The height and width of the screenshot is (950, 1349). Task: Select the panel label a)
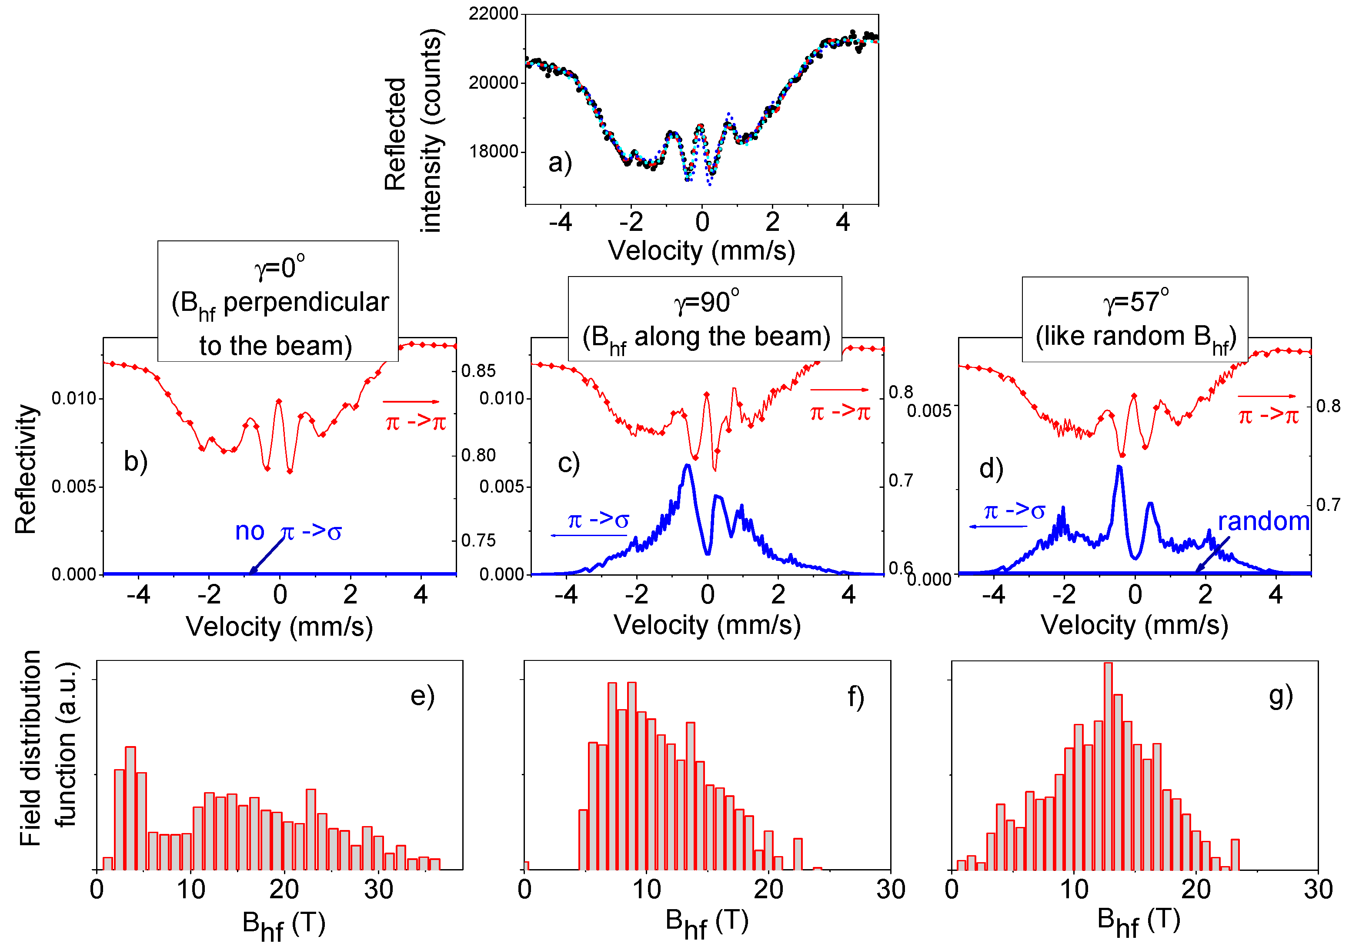pos(559,163)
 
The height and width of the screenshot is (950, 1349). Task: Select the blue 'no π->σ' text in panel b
pos(288,532)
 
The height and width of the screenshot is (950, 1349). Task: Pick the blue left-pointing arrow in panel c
pos(588,535)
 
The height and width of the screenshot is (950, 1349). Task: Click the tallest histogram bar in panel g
pos(1108,764)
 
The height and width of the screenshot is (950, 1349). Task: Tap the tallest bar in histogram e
pos(130,808)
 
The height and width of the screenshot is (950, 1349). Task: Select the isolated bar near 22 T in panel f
pos(797,853)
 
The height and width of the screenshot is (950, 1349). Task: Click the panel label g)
pos(1280,697)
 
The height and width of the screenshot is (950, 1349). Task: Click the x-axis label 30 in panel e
pos(378,890)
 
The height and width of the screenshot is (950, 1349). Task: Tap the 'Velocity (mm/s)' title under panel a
pos(701,251)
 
